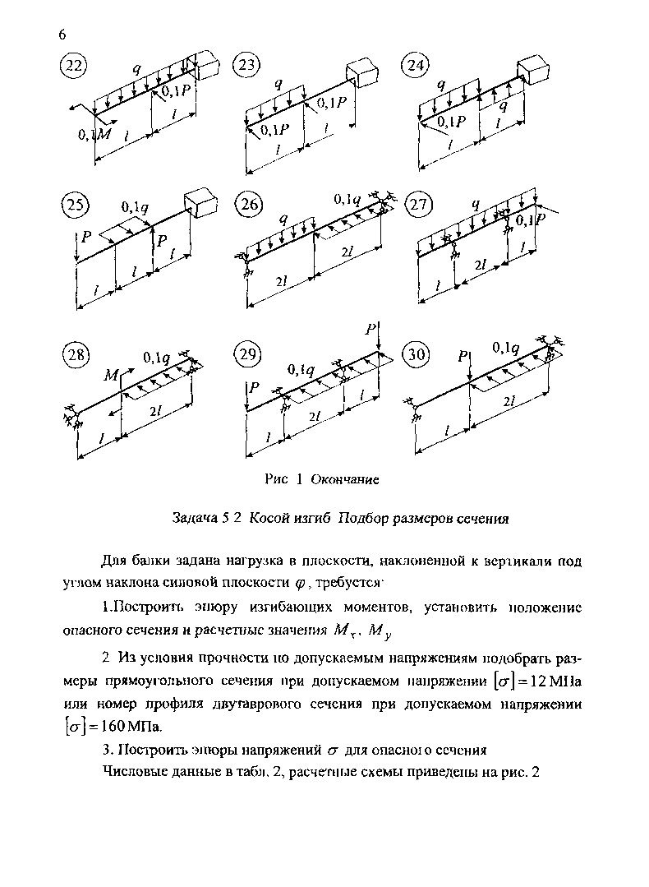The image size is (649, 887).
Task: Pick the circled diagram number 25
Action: click(75, 205)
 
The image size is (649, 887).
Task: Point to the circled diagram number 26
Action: click(247, 205)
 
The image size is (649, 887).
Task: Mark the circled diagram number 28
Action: click(76, 355)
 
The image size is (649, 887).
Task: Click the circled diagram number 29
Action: click(247, 355)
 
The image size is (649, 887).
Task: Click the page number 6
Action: click(62, 34)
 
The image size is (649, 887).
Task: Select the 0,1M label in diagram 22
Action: click(94, 134)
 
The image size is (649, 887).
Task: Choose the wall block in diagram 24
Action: click(531, 69)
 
